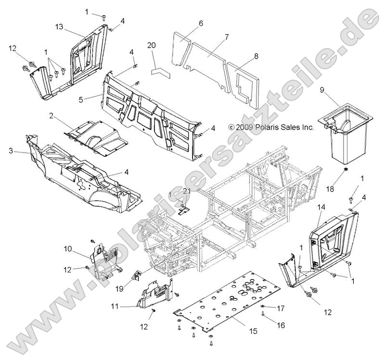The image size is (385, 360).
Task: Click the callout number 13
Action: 59,26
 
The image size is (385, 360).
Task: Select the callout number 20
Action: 152,45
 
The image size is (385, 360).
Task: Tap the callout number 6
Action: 201,23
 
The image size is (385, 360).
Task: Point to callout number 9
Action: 322,90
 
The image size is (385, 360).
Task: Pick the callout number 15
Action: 253,331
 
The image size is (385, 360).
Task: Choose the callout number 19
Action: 119,289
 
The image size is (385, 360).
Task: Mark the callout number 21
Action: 187,191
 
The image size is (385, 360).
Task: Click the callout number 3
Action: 11,151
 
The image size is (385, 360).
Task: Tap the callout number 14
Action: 321,207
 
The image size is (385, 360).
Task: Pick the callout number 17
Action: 281,308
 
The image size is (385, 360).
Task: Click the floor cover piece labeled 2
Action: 96,138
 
